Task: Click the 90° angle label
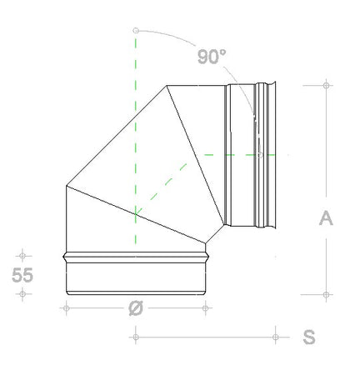(x=212, y=57)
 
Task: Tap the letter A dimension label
(x=327, y=217)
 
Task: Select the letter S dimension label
(x=309, y=337)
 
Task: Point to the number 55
(x=22, y=275)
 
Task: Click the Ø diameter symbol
(x=135, y=307)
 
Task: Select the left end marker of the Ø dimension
(x=65, y=307)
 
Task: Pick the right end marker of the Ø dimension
(x=206, y=307)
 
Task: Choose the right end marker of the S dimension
(x=275, y=337)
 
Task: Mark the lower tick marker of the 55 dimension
(x=22, y=293)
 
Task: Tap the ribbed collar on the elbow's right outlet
(x=265, y=154)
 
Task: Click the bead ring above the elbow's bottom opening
(x=135, y=255)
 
